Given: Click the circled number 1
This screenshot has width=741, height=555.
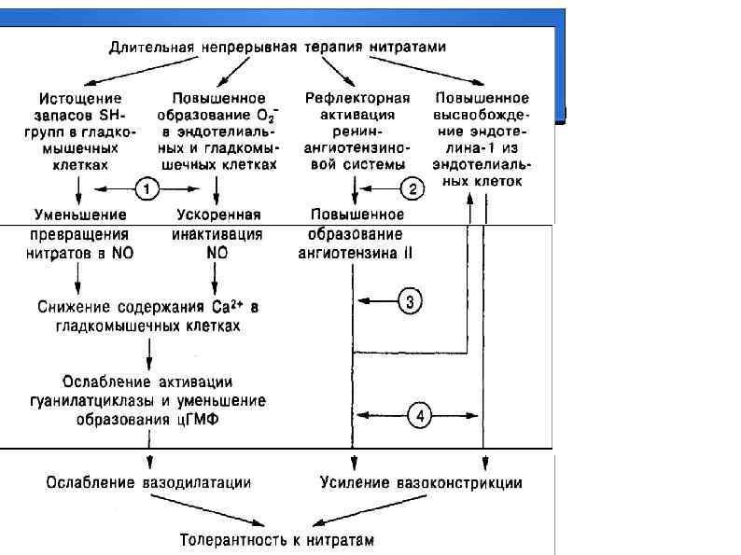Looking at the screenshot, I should [147, 188].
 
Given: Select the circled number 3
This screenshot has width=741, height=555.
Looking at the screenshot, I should [412, 300].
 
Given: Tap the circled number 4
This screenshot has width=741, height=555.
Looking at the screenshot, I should [421, 416].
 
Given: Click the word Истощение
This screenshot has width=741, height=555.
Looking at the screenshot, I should [78, 97].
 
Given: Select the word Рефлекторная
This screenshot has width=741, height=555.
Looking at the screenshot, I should [354, 97].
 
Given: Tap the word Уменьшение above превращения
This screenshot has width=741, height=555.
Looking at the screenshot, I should [79, 214].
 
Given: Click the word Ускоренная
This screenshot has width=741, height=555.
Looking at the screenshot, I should [217, 214].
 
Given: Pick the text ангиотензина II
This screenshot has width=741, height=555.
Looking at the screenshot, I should [355, 252].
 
